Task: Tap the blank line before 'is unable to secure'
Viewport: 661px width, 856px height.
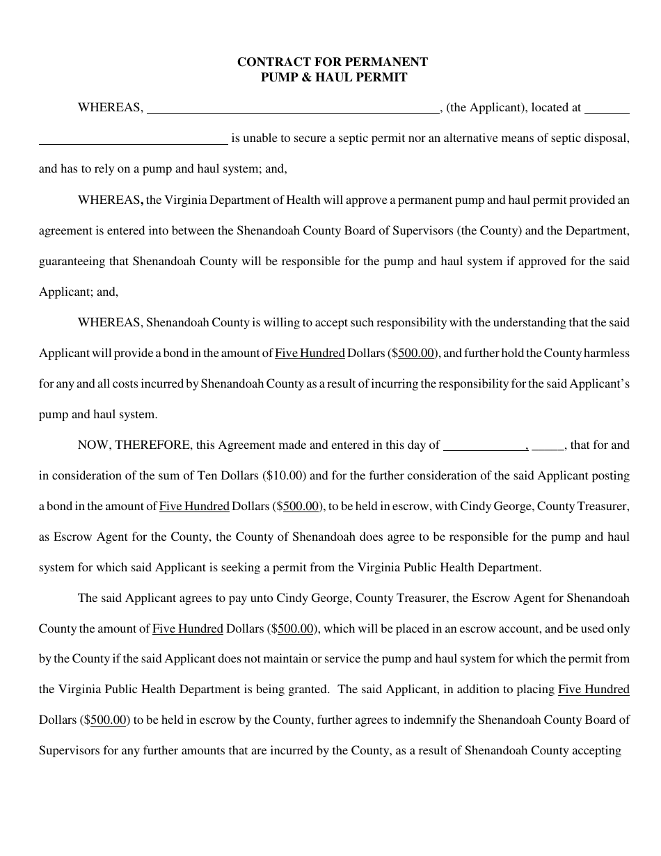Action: coord(133,139)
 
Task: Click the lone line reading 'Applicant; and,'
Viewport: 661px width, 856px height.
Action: coord(79,292)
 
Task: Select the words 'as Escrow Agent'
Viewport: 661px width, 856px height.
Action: coord(75,537)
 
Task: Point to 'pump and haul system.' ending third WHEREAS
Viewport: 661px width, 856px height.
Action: coord(98,415)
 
